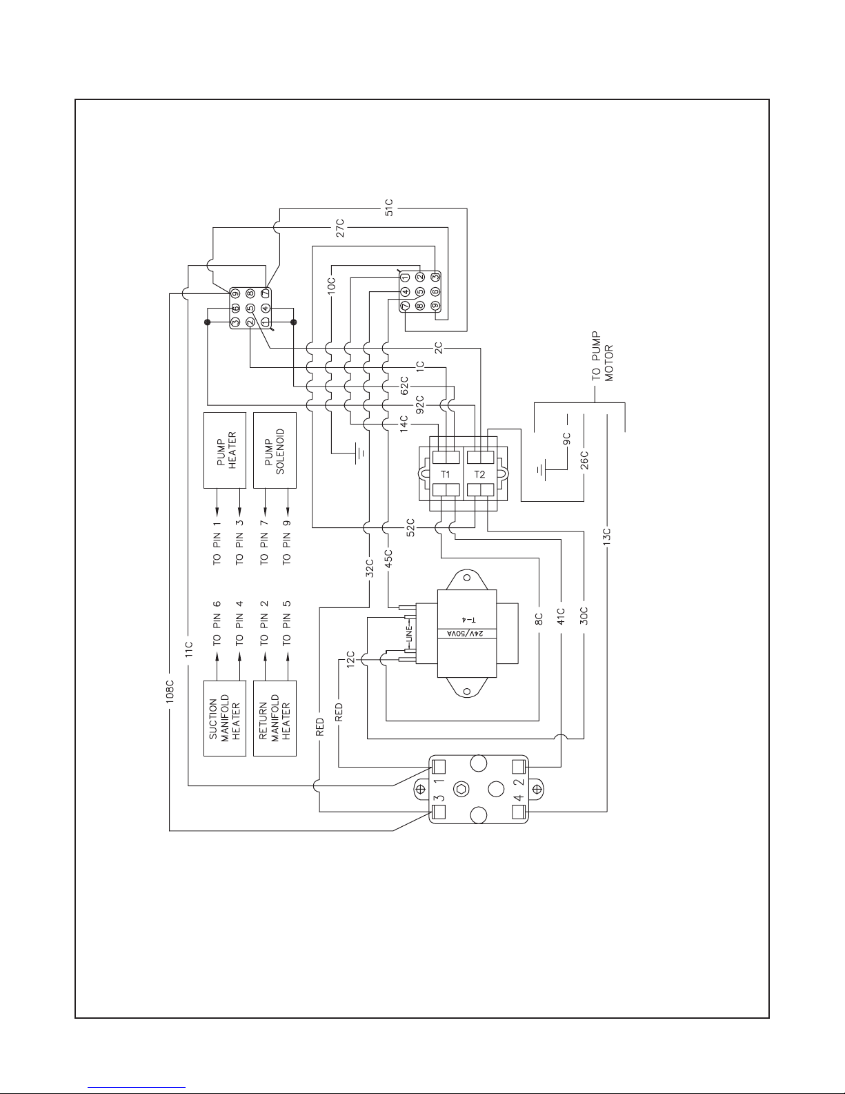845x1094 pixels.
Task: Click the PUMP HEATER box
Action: pyautogui.click(x=225, y=450)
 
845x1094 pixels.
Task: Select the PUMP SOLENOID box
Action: pyautogui.click(x=275, y=450)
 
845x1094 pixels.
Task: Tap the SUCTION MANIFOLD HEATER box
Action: pyautogui.click(x=225, y=718)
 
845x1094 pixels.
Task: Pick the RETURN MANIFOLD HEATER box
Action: pyautogui.click(x=275, y=718)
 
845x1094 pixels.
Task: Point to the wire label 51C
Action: pyautogui.click(x=389, y=207)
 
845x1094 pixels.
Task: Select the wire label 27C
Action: pyautogui.click(x=339, y=228)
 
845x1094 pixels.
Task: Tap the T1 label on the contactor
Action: pyautogui.click(x=446, y=474)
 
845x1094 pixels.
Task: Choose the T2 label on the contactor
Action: pyautogui.click(x=480, y=474)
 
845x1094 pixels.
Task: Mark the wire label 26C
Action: pyautogui.click(x=584, y=460)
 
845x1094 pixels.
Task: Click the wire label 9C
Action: pyautogui.click(x=566, y=439)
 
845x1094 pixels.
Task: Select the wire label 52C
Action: pyautogui.click(x=410, y=528)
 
